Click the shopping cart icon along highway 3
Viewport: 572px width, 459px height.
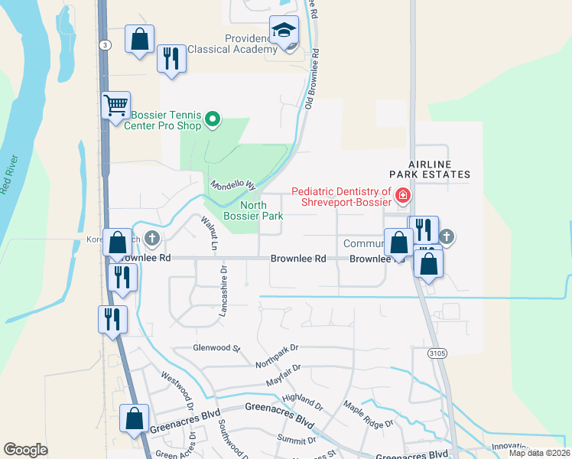[115, 105]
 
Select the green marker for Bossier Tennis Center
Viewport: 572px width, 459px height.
[213, 119]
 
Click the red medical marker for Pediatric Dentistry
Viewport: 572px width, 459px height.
[402, 197]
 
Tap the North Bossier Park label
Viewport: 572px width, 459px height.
[253, 210]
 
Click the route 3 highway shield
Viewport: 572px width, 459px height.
[104, 46]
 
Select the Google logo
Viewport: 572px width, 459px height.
[25, 449]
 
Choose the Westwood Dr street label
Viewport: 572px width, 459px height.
[175, 388]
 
